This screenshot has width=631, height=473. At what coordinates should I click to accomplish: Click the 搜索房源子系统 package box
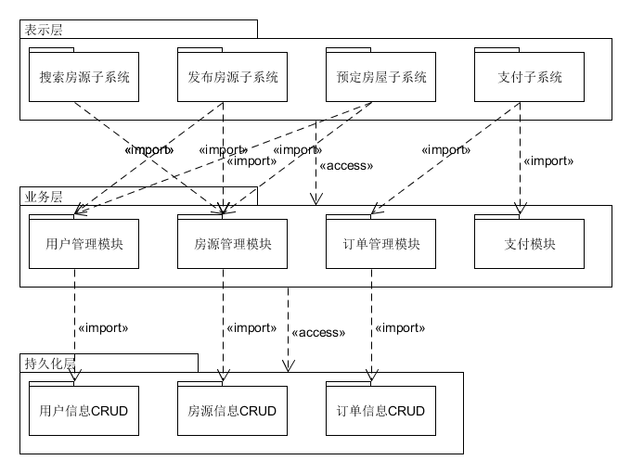[84, 77]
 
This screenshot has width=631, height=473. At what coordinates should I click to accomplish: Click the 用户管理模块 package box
[84, 245]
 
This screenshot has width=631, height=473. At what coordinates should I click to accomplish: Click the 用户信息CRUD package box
[84, 411]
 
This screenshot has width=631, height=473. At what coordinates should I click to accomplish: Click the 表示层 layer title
[44, 29]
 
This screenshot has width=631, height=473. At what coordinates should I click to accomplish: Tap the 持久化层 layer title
[50, 362]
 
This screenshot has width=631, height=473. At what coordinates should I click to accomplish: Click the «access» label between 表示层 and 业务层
[345, 166]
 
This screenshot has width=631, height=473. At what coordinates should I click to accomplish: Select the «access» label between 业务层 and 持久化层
[317, 332]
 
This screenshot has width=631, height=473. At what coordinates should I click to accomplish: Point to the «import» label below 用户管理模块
[102, 327]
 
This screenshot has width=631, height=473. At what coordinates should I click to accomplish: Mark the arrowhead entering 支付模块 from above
[520, 211]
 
